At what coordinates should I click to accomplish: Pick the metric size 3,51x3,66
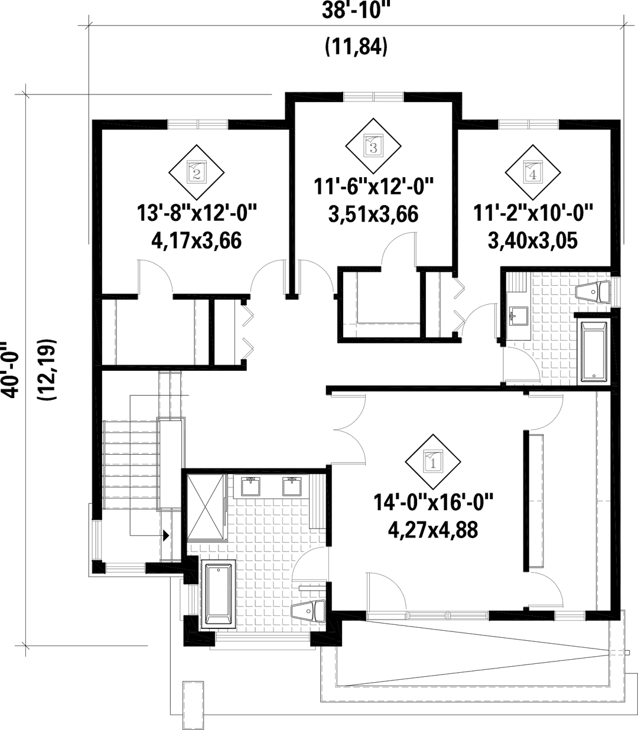pos(373,214)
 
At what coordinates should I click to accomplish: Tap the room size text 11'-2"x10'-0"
pos(533,211)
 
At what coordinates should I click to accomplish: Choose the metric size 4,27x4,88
pos(432,530)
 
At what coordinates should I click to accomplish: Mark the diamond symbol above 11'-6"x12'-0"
pos(373,144)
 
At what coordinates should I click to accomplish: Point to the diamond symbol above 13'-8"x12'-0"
pos(197,172)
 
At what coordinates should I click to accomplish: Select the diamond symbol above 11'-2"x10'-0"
pos(532,172)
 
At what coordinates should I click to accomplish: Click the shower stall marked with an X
pos(207,508)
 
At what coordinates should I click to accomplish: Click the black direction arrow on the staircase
pos(167,535)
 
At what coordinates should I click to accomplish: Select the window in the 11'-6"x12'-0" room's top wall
pos(373,96)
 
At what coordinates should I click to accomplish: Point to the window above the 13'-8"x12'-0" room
pos(197,124)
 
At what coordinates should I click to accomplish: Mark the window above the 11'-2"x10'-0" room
pos(528,124)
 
